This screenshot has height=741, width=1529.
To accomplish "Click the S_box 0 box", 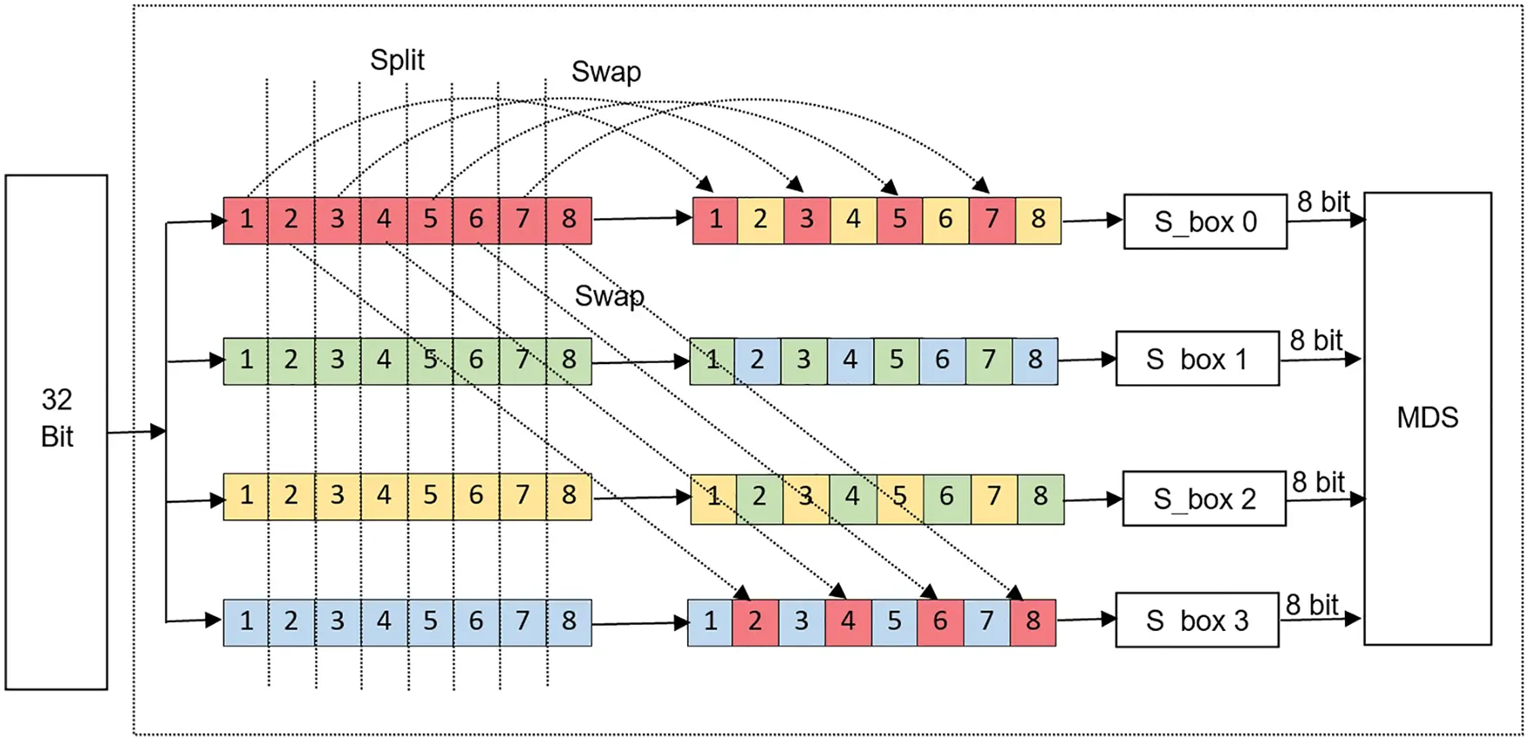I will (1205, 222).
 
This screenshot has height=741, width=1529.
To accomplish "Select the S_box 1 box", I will (1197, 359).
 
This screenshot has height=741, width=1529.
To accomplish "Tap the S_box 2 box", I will (1204, 498).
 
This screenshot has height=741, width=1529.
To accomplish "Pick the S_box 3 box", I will (1197, 621).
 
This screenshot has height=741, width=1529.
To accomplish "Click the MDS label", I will (1427, 417).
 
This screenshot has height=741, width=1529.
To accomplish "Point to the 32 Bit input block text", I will (57, 418).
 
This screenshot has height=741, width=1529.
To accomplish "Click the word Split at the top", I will (397, 60).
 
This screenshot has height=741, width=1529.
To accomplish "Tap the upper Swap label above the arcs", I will (605, 72).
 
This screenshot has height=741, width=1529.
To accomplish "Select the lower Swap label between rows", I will (609, 296).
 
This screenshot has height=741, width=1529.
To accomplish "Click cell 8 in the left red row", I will (569, 219).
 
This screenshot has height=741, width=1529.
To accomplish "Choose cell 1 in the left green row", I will (246, 360).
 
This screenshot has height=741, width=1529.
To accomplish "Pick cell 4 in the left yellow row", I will (384, 496).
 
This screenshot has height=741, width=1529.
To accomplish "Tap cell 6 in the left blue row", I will (475, 621).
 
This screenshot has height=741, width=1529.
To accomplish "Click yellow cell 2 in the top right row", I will (760, 219).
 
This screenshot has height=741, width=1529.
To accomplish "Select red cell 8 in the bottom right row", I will (1033, 621).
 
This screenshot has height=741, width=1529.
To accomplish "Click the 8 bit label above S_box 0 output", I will (1322, 202).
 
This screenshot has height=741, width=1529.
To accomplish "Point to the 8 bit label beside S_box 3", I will (1311, 605).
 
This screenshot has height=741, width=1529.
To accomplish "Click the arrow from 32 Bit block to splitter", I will (136, 431).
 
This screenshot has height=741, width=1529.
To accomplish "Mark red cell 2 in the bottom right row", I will (754, 621).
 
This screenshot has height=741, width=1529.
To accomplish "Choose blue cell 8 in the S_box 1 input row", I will (1034, 360).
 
